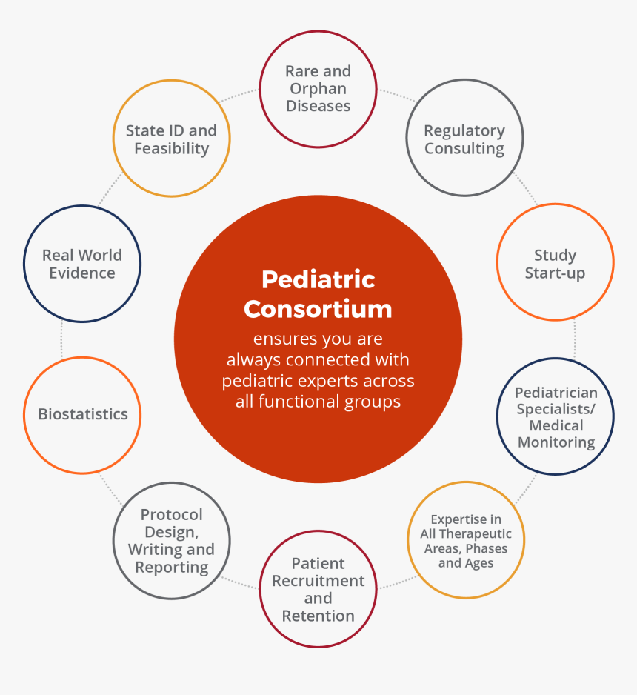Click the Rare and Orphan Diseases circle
(x=318, y=89)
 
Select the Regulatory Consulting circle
(x=464, y=139)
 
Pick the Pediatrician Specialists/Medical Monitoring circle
(x=555, y=416)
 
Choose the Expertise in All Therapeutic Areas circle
(x=466, y=540)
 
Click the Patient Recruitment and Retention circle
(x=318, y=588)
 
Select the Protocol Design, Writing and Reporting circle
(x=171, y=540)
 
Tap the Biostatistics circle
(x=82, y=415)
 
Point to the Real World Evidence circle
(x=82, y=264)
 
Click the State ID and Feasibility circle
(x=171, y=139)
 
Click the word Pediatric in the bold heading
(x=318, y=279)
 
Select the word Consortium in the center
(x=318, y=308)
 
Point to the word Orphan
(x=318, y=89)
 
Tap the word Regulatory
(x=464, y=130)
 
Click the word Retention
(x=318, y=616)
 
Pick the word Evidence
(x=82, y=273)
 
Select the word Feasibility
(x=171, y=148)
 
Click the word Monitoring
(x=556, y=443)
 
